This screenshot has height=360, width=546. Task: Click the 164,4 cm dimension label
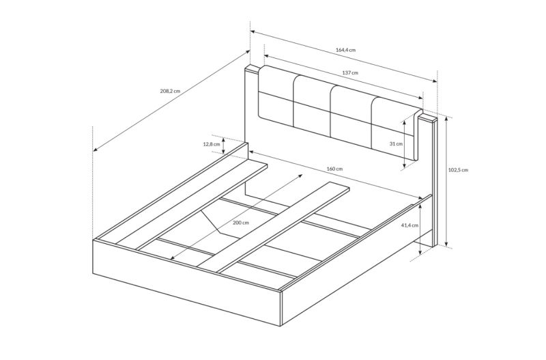(x=346, y=50)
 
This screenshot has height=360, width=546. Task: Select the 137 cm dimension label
(x=351, y=72)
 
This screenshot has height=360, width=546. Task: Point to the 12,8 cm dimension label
(x=211, y=144)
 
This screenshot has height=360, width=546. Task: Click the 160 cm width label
(x=334, y=169)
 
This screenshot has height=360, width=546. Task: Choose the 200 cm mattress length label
(x=241, y=223)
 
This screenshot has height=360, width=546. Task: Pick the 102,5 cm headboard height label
(x=458, y=170)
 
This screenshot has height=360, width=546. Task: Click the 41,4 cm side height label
(x=409, y=225)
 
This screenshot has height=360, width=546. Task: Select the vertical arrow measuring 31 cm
(x=405, y=143)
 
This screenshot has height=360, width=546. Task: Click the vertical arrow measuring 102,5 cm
(x=446, y=181)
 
